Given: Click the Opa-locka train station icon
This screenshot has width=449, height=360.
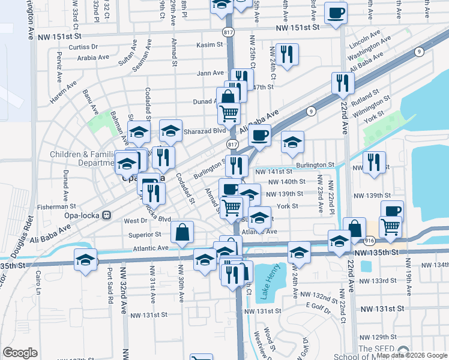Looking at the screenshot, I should pos(107,215).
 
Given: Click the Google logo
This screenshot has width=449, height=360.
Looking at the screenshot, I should pos(20,352).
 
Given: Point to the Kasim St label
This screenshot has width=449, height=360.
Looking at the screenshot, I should pos(209,45).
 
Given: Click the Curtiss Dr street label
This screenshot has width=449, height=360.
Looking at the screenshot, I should pos(83,47).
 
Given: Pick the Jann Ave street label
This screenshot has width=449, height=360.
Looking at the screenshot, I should pos(211,73).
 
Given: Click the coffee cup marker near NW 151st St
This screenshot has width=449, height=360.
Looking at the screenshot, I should pos(336,12).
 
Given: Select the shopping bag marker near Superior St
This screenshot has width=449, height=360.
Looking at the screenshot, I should pos(182,232).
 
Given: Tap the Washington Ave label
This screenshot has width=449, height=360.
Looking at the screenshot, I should pos(369,47).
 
